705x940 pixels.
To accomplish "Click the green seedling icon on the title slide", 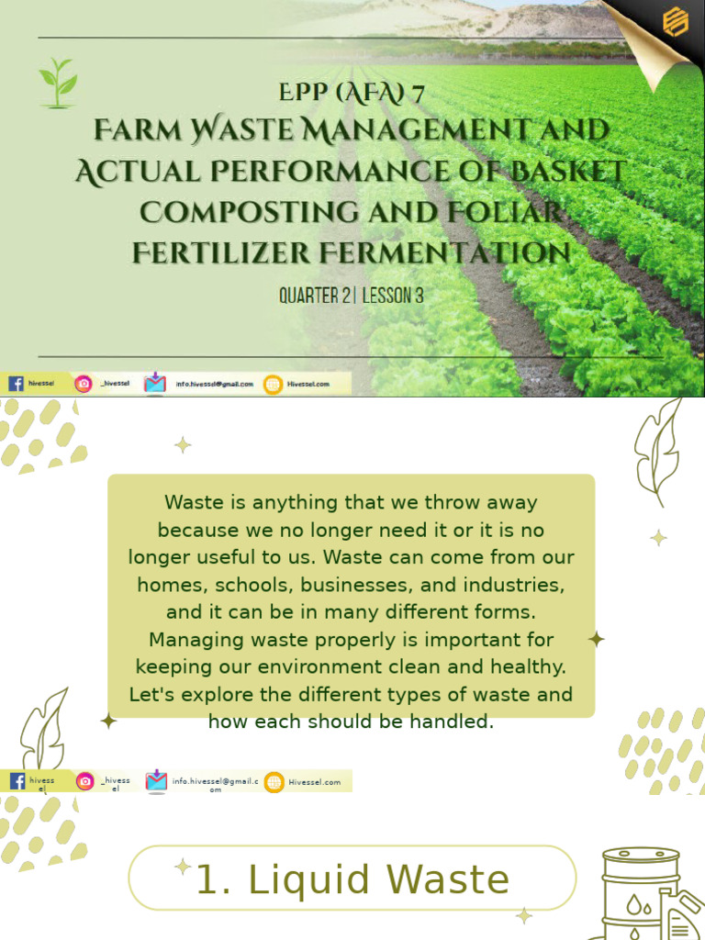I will (58, 84).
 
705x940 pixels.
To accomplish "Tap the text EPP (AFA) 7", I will (351, 94).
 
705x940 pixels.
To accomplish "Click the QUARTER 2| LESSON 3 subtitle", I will (352, 296).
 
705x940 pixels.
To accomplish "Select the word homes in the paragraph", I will (168, 584).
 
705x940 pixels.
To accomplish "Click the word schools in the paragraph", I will (244, 584).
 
